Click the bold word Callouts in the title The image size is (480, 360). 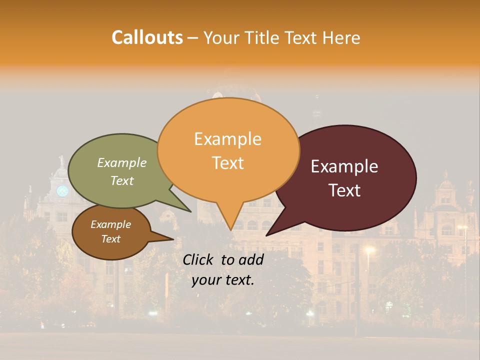[147, 37]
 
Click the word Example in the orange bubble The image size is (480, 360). [227, 138]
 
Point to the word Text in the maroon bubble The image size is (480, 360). [345, 190]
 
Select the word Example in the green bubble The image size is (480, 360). [121, 162]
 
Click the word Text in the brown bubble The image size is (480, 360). [110, 239]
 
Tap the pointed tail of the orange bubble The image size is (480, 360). [230, 222]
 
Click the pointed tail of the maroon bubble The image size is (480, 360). [272, 230]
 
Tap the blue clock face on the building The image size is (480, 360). [62, 190]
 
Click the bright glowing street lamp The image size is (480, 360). [369, 249]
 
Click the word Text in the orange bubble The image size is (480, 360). [227, 162]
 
